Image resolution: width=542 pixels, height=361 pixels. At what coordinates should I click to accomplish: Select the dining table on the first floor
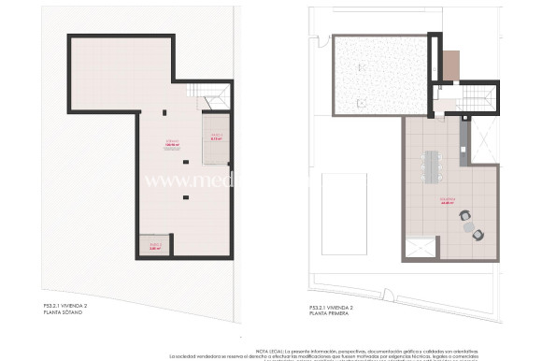432,166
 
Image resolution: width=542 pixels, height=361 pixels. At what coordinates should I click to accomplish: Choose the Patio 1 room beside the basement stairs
216,137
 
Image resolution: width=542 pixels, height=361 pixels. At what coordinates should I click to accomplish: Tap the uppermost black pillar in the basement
164,113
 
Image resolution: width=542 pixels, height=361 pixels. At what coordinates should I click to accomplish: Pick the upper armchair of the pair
464,216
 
